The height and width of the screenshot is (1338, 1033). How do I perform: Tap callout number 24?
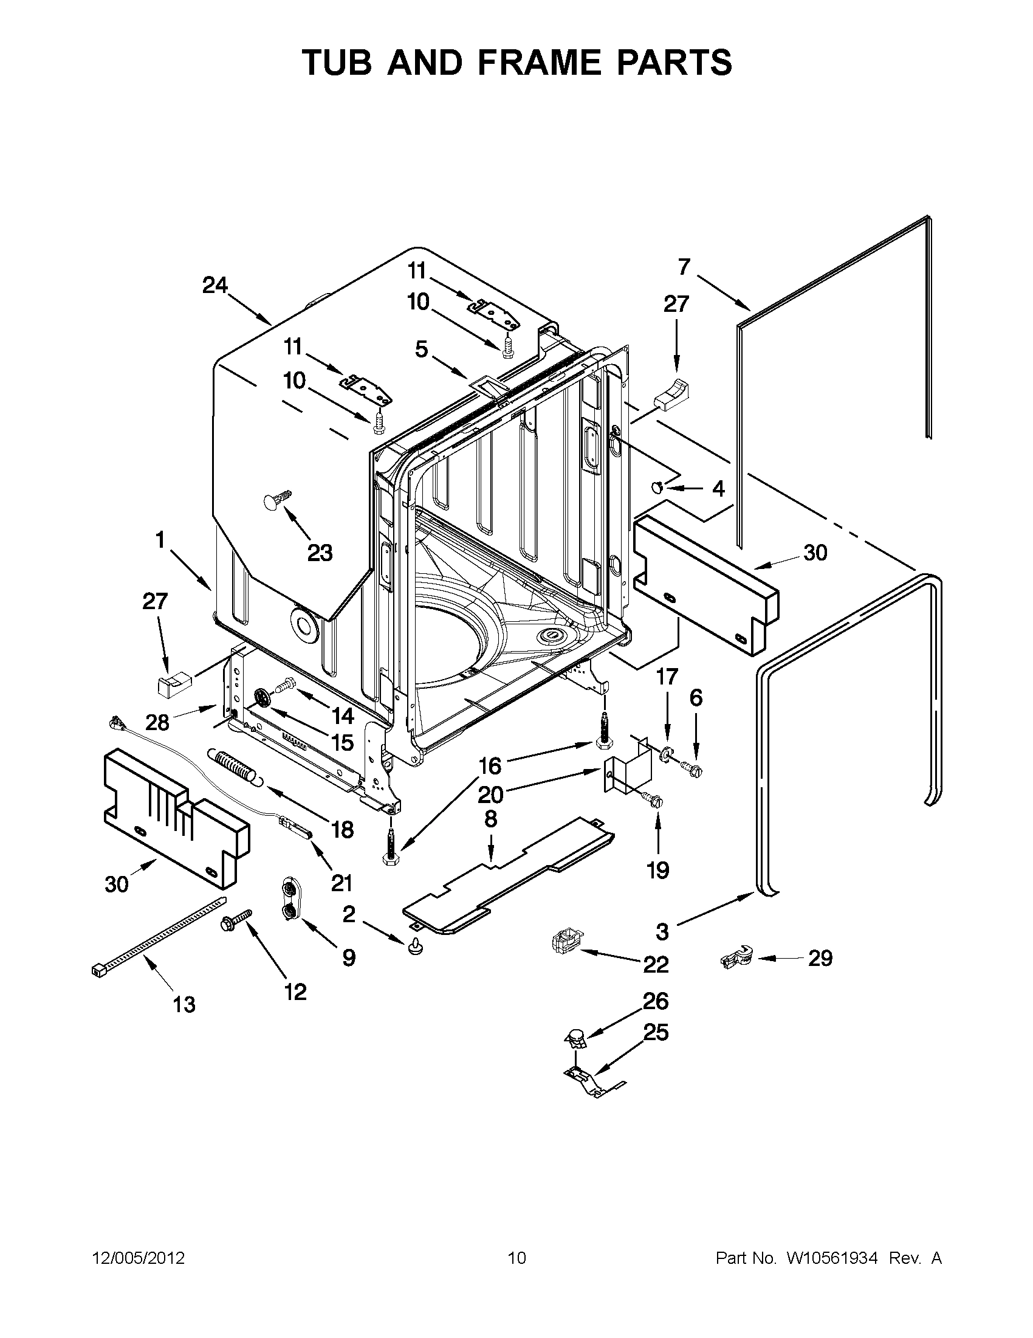[215, 286]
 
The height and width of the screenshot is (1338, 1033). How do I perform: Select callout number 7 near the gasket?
[684, 267]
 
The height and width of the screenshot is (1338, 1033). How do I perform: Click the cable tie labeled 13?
[158, 935]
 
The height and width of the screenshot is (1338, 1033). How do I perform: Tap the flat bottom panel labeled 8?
[508, 877]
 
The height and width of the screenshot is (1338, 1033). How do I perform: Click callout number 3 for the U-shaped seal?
[662, 932]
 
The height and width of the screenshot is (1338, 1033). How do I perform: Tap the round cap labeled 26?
[575, 1036]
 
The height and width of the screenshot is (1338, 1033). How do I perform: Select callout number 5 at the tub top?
[421, 349]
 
